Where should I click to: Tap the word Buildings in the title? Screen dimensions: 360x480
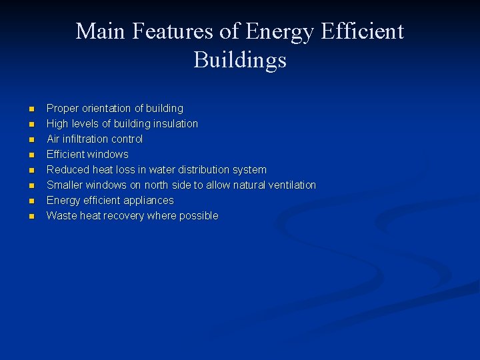pyautogui.click(x=240, y=60)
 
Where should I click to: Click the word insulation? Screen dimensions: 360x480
pyautogui.click(x=175, y=123)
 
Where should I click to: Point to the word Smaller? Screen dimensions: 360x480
pyautogui.click(x=65, y=185)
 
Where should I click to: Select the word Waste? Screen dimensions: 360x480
pyautogui.click(x=61, y=215)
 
